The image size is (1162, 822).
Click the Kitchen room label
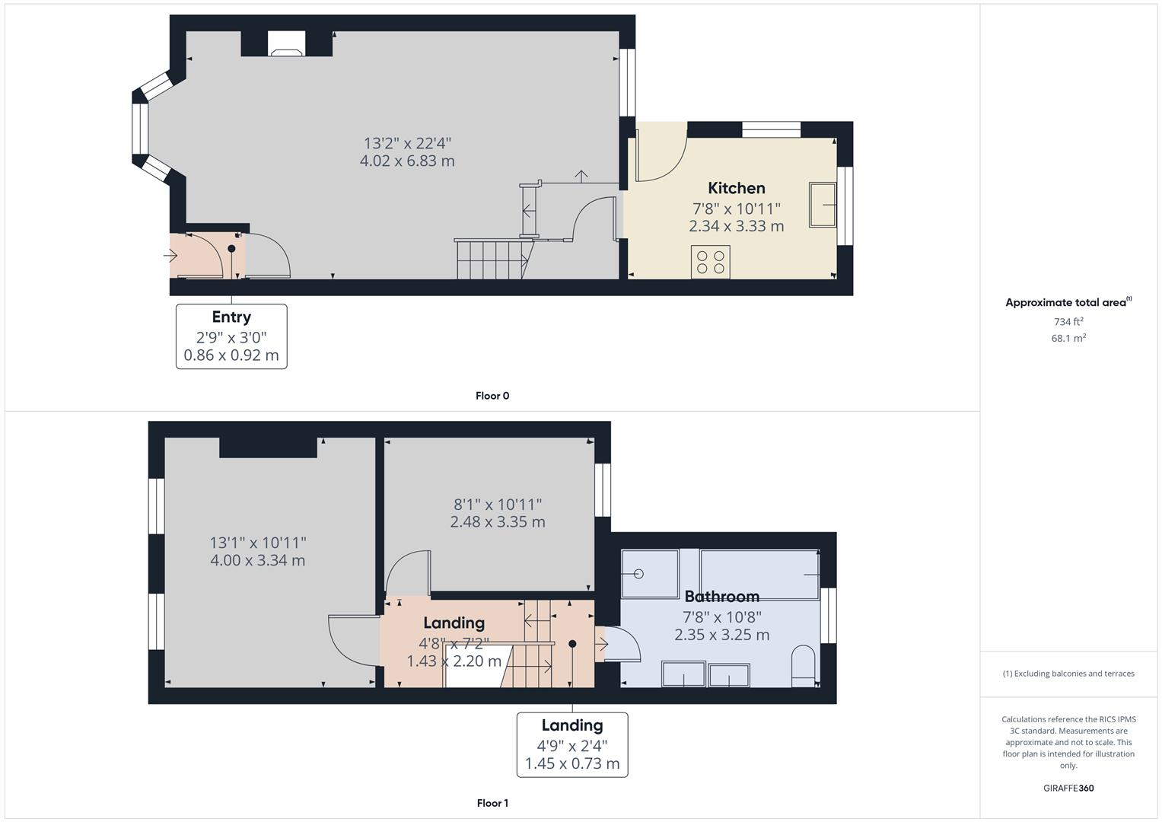point(736,188)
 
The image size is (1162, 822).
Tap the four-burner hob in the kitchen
point(710,262)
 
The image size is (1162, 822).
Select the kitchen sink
point(823,204)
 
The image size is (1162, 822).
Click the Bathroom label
point(721,597)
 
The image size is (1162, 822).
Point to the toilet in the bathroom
point(803,666)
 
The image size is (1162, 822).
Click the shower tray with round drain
point(649,574)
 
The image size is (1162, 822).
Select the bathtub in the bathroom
point(759,574)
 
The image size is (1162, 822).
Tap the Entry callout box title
point(231,317)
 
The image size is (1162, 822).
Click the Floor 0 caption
point(492,396)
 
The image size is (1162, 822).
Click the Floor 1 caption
point(492,803)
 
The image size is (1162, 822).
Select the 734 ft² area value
point(1068,322)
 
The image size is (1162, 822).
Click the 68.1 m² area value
point(1068,339)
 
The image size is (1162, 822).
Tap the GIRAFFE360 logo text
point(1068,788)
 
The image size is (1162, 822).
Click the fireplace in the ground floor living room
point(287,45)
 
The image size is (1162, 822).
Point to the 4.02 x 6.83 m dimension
point(407,161)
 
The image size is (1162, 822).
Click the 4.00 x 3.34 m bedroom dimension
point(257,561)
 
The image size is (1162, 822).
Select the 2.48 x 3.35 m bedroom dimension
point(497,522)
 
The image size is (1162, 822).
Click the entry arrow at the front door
point(170,256)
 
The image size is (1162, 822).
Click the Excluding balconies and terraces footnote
point(1068,674)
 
